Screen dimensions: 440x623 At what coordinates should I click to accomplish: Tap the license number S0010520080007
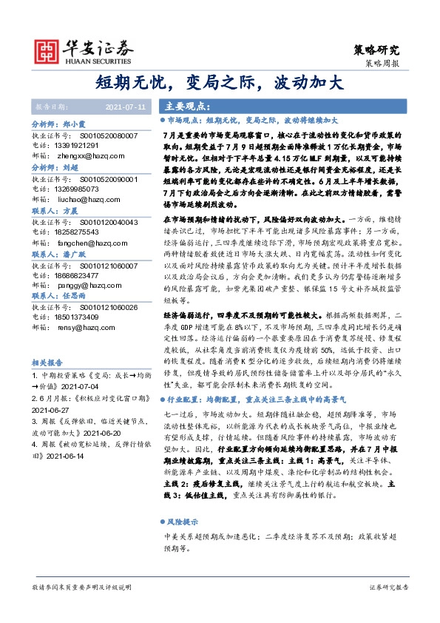click(x=108, y=137)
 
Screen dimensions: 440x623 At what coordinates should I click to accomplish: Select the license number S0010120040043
click(x=108, y=222)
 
